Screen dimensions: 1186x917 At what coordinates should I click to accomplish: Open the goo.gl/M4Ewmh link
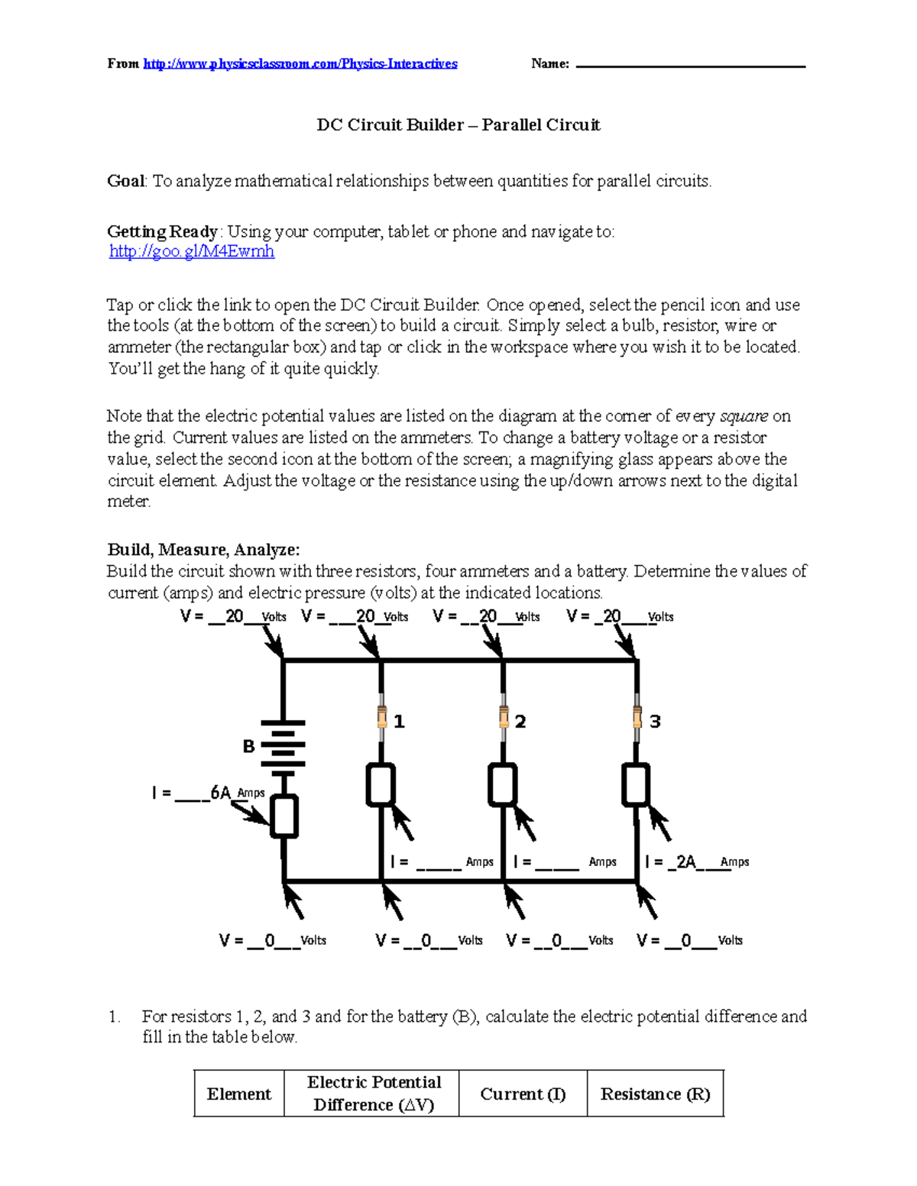192,251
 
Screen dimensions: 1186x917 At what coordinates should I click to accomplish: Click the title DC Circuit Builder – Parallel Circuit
458,124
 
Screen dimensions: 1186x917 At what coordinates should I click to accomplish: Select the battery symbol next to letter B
284,745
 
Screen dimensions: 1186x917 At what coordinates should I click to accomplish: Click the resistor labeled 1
381,718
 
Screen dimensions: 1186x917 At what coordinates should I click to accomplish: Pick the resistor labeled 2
503,718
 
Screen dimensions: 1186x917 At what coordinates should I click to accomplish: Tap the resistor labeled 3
637,718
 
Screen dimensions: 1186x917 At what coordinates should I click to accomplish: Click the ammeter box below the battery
284,816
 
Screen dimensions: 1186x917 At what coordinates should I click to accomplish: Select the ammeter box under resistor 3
636,784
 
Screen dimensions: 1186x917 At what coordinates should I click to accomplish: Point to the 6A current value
221,793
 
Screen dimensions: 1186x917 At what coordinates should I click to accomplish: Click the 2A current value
685,861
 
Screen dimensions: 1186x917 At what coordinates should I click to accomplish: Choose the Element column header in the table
239,1094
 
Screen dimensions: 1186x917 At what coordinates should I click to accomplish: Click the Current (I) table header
523,1094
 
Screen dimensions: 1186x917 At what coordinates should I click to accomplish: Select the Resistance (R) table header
655,1094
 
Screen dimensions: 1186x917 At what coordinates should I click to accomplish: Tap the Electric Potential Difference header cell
373,1094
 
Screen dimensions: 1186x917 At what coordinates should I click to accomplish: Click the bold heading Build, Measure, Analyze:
203,550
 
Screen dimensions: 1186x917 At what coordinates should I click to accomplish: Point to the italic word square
744,416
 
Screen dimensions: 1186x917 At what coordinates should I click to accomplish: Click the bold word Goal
125,181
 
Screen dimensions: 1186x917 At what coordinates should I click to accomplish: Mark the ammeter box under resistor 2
503,784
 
